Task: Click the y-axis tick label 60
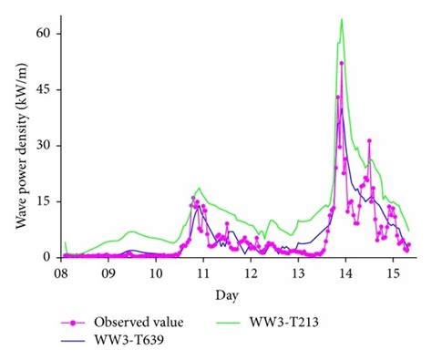click(42, 34)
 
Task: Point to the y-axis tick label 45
click(42, 89)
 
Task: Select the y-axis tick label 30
click(42, 146)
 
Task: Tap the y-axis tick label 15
click(42, 201)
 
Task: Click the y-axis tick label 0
click(46, 257)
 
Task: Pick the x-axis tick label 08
click(61, 273)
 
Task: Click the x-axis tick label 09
click(108, 273)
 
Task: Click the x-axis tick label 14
click(345, 273)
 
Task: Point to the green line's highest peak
click(342, 19)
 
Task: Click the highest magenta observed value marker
click(342, 64)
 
